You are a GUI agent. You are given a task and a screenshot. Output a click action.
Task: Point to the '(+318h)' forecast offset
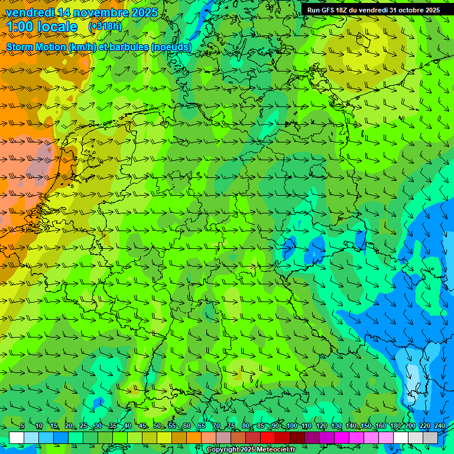click(105, 27)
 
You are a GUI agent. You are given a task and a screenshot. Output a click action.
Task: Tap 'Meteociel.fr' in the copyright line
click(276, 450)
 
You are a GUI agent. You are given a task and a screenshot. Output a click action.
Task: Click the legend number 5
click(22, 426)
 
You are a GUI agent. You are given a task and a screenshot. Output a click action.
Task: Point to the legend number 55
click(171, 426)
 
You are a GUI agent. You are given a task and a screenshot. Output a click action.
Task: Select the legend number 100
click(291, 426)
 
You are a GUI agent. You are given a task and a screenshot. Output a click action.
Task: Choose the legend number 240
click(439, 426)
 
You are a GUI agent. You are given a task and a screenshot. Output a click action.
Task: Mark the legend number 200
click(410, 426)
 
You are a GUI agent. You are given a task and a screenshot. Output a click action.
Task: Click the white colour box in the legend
click(16, 437)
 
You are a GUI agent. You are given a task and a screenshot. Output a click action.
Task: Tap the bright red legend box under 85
click(268, 437)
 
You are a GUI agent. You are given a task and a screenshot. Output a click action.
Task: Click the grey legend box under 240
click(430, 437)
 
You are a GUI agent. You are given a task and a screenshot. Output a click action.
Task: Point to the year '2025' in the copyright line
click(247, 450)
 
